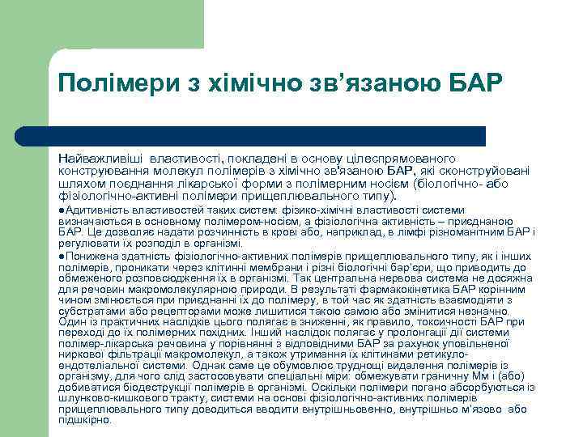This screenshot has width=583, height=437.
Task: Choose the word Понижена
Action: [x=88, y=256]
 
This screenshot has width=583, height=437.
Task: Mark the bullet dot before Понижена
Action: [x=62, y=256]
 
